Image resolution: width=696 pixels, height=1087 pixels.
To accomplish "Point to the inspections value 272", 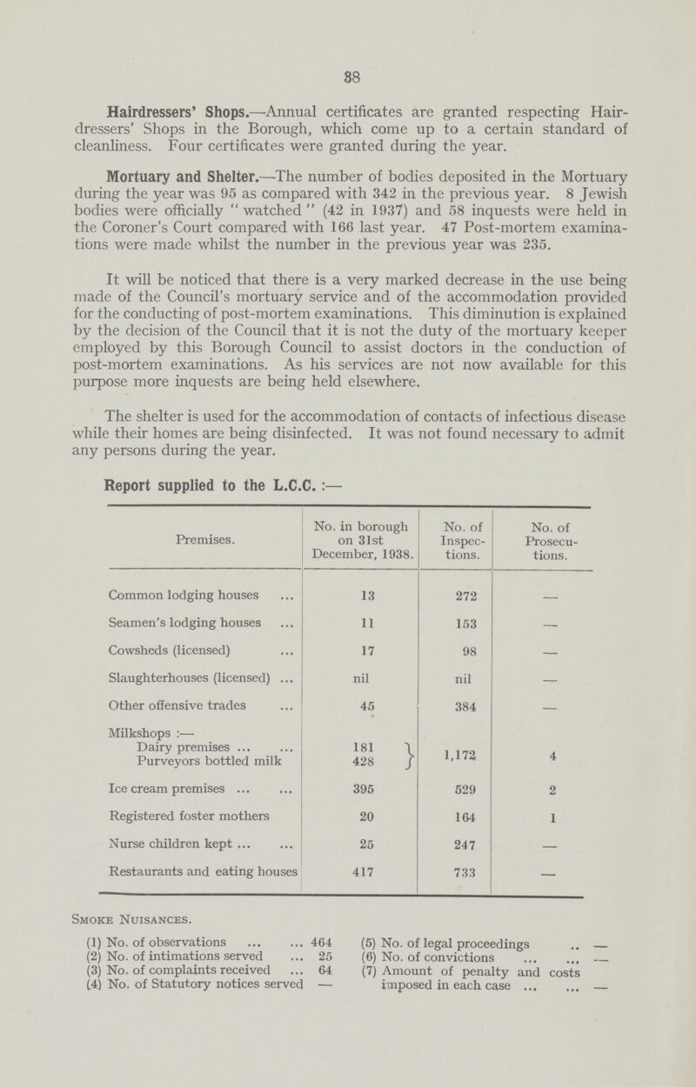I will (x=455, y=619).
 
